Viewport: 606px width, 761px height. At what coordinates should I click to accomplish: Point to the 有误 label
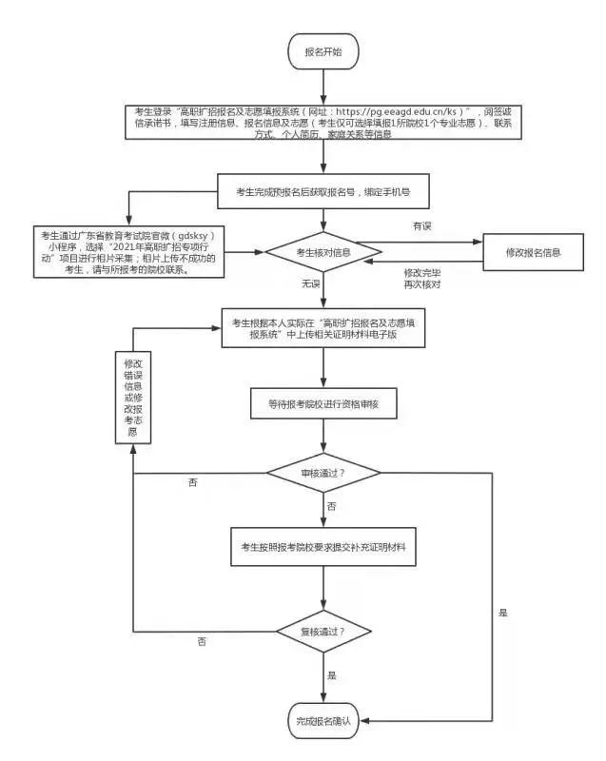tap(421, 226)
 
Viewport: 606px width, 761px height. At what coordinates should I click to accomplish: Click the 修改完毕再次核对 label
tap(421, 278)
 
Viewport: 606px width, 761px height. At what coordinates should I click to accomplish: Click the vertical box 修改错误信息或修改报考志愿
tap(132, 398)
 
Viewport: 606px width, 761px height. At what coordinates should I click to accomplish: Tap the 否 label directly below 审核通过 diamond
tap(331, 507)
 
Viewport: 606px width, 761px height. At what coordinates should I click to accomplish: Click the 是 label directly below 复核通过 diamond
tap(332, 674)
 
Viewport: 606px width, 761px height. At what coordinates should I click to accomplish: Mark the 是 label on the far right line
tap(503, 613)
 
